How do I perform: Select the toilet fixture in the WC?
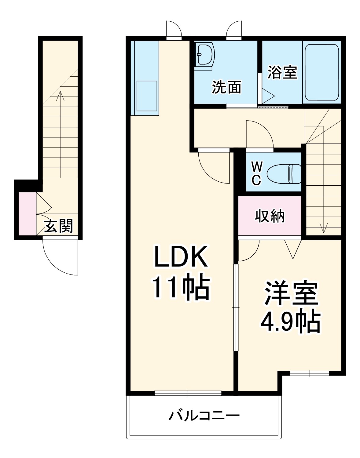[284, 174]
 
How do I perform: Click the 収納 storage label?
[270, 216]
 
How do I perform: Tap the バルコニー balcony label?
[204, 415]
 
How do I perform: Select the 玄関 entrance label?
[59, 226]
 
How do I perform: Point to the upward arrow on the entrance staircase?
[61, 96]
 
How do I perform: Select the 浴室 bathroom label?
[282, 72]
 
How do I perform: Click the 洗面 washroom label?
[226, 87]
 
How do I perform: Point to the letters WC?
[256, 173]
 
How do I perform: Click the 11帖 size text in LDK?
[181, 288]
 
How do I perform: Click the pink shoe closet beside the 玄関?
[27, 214]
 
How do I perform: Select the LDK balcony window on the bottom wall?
[188, 393]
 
